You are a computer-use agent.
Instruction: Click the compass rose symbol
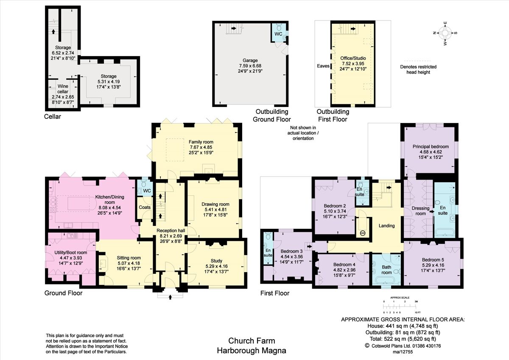(445, 33)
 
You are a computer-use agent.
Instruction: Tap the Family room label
(201, 142)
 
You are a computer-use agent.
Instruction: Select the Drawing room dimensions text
(216, 212)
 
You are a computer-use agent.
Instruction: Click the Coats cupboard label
(145, 208)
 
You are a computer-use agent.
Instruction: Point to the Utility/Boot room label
(70, 252)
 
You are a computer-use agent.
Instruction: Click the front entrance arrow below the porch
(170, 297)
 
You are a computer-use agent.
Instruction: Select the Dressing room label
(420, 211)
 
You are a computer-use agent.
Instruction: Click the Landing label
(386, 226)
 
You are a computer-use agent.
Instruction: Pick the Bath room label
(386, 270)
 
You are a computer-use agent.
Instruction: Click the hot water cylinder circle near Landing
(362, 233)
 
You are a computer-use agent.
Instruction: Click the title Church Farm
(252, 340)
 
